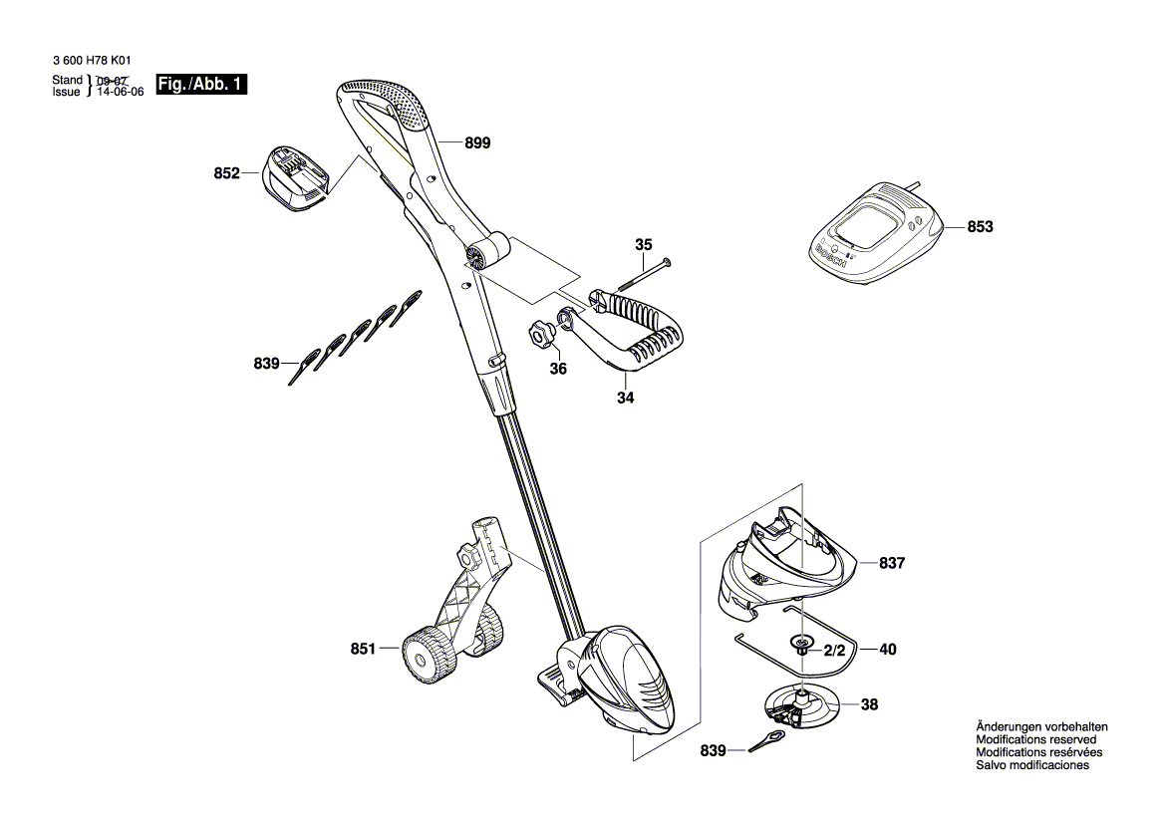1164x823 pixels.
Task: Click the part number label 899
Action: (477, 143)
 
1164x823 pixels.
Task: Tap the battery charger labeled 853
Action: (874, 234)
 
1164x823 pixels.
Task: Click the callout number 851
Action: (363, 650)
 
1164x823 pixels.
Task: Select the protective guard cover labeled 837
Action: (784, 563)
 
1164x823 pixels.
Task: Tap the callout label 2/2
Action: (834, 651)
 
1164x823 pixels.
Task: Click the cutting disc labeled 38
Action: (801, 706)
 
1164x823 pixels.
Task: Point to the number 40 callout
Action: (887, 650)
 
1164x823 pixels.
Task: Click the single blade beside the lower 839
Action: (766, 741)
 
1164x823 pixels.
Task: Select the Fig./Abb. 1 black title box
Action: (200, 84)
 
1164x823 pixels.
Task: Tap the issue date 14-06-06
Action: (121, 92)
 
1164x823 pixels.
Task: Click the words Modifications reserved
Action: (1035, 740)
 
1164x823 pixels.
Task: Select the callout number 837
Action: (892, 563)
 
